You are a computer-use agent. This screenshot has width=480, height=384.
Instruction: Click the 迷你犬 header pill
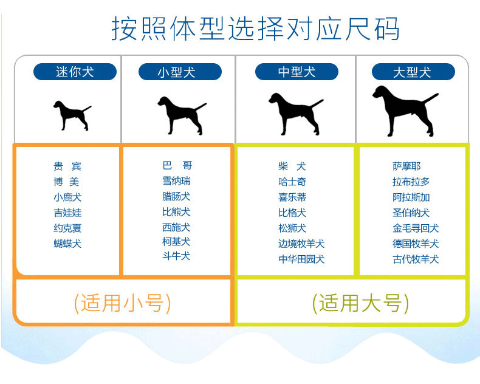click(75, 72)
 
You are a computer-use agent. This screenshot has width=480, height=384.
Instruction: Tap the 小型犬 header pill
click(176, 72)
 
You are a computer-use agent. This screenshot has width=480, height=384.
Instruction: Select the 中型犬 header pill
click(297, 72)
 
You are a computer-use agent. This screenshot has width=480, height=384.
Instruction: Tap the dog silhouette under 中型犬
click(295, 112)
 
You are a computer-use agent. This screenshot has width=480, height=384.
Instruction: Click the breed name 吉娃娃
click(67, 213)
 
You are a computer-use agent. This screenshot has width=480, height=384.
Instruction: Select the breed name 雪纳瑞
click(176, 180)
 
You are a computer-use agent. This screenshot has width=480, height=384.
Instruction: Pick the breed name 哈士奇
click(292, 181)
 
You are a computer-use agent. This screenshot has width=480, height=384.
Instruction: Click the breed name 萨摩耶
click(406, 166)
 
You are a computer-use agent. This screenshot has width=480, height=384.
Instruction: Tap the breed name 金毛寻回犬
click(416, 228)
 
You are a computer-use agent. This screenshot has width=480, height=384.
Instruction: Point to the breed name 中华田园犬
click(301, 259)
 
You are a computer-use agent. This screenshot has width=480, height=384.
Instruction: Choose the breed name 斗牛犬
click(176, 256)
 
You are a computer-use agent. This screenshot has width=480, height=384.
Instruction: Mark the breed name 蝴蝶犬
click(67, 244)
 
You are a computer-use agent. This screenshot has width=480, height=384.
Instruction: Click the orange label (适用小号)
click(122, 302)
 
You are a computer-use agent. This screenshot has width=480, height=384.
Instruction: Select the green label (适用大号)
click(360, 302)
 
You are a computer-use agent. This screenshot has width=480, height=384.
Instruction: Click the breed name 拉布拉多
click(411, 181)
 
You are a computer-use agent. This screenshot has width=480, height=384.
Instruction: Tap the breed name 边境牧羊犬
click(301, 244)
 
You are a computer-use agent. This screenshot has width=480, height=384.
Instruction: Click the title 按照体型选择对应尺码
click(255, 28)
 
